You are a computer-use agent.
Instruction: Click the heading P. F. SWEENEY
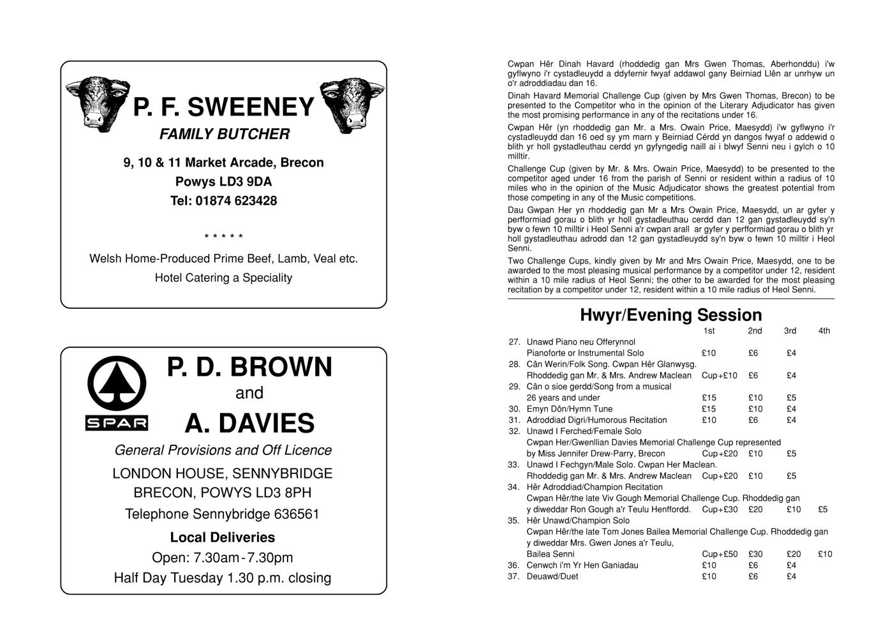(223, 107)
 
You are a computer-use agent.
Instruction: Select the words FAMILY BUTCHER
(224, 134)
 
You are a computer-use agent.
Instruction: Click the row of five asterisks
(223, 237)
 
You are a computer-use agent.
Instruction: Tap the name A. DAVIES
(249, 423)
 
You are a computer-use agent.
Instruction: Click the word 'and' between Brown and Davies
(249, 393)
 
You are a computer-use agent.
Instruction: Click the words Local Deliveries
(222, 537)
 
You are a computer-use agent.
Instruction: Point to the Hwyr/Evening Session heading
(670, 315)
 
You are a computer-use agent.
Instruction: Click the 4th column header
(824, 331)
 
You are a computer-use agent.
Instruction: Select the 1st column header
(709, 331)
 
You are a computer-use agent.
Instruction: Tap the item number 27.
(514, 342)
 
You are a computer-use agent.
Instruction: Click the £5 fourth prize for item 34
(822, 509)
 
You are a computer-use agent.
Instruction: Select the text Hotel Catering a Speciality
(223, 278)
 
